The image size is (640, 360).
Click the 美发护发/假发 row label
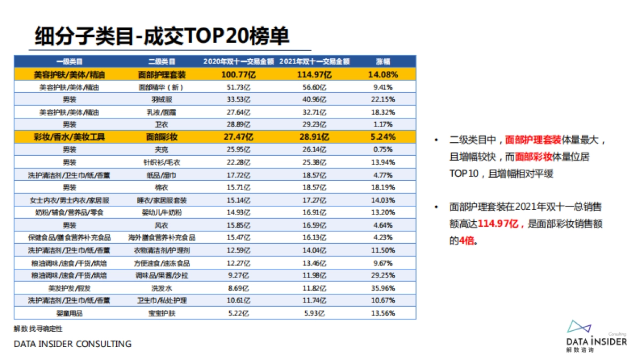click(x=69, y=288)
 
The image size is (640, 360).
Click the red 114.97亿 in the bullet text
click(x=498, y=224)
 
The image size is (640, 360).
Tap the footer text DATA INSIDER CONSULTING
click(x=73, y=344)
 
